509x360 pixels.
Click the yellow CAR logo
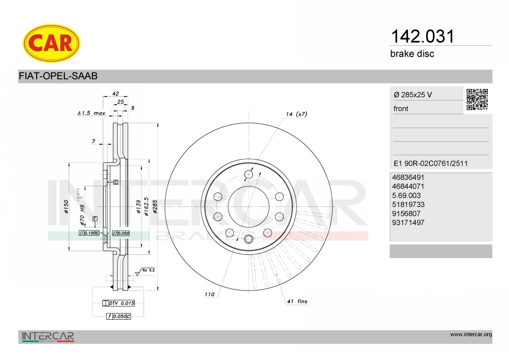pos(51,43)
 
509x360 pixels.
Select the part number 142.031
pos(422,36)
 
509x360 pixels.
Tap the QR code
pos(477,100)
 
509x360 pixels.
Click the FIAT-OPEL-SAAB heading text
pos(58,76)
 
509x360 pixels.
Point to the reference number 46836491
pos(408,177)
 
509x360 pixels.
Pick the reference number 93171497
pos(408,223)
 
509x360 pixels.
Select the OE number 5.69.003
pos(406,195)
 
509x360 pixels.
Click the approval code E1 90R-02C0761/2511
pos(431,163)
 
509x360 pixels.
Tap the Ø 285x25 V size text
pos(413,95)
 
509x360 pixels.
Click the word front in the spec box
pos(401,109)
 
